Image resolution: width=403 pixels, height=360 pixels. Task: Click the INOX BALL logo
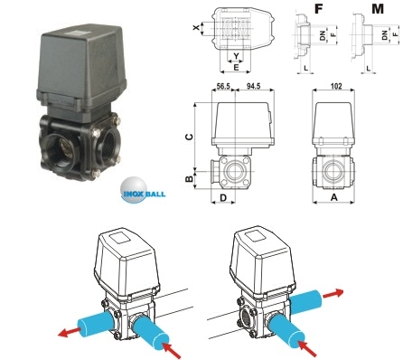pos(143,191)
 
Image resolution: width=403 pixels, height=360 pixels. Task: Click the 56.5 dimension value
pos(223,87)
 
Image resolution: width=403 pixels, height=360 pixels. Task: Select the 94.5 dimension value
pos(254,87)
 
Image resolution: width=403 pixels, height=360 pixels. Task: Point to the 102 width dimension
pos(336,87)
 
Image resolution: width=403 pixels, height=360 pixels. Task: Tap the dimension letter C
pos(189,137)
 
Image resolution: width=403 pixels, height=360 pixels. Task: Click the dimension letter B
pos(189,179)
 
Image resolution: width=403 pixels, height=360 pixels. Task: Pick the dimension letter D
pos(223,198)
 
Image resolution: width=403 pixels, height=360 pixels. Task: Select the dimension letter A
pos(334,197)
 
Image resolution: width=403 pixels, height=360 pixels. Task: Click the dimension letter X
pos(196,28)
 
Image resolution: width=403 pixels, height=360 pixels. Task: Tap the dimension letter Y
pos(237,56)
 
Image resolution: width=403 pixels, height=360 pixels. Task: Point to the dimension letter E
pos(237,68)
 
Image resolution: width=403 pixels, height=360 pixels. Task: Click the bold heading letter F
pos(319,9)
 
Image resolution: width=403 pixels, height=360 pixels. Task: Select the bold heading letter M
pos(378,9)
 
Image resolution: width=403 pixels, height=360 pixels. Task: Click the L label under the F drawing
pos(305,68)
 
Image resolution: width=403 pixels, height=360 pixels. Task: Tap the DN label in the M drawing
pos(385,35)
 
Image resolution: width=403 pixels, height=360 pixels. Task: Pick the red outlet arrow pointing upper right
pos(333,293)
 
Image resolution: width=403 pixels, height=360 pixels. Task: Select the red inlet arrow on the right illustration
pos(307,348)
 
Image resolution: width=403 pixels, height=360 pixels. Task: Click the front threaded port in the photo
pos(61,149)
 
